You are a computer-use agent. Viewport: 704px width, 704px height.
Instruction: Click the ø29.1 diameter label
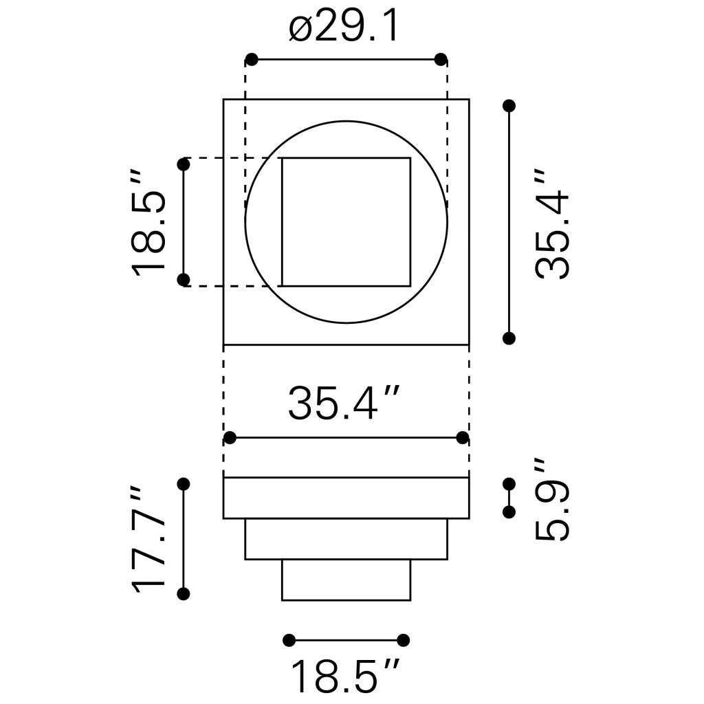pos(344,28)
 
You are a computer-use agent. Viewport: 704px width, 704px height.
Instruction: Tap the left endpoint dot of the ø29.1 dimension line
pos(252,59)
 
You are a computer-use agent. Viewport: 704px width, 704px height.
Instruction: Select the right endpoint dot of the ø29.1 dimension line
pos(441,59)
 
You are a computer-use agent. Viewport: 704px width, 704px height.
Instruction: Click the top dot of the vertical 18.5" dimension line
pos(184,164)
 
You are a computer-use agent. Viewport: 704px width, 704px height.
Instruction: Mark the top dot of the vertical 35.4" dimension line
pos(509,105)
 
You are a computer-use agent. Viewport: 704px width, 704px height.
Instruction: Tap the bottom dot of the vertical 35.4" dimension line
pos(509,338)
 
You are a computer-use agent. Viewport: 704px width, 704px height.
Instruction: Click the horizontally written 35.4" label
pos(344,404)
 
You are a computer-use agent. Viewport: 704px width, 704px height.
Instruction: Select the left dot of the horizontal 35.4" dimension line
pos(230,438)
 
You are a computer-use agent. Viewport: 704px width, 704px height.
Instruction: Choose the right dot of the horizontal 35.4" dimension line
pos(463,438)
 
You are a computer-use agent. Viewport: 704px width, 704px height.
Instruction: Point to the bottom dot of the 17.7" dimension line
pos(184,594)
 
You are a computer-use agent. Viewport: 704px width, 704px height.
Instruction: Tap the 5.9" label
pos(553,500)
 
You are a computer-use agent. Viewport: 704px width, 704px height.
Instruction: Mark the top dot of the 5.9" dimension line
pos(509,484)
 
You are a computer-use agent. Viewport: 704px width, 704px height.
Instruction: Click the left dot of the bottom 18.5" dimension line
pos(289,640)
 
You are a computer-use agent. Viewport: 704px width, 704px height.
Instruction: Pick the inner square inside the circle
pos(346,221)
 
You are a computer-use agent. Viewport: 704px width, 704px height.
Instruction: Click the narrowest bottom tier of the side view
pos(346,580)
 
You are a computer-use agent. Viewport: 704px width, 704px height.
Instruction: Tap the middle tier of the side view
pos(346,539)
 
